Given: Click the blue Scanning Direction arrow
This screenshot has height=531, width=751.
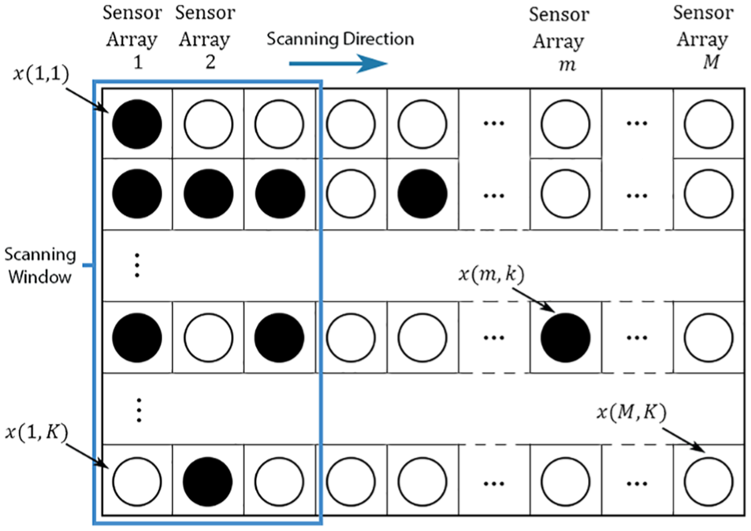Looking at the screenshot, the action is point(338,64).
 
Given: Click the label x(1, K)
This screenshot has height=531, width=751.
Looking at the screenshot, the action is point(37,433).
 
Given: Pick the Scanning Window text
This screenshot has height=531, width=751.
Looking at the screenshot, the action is point(40,265).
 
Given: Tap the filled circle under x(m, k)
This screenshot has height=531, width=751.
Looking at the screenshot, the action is point(565,337).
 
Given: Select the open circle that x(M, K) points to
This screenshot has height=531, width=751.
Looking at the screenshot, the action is point(708,481).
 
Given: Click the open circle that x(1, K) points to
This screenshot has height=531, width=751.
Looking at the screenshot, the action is point(136,481).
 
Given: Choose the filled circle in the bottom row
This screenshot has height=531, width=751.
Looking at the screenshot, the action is point(208,481).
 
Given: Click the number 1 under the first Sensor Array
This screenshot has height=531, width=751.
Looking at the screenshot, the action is point(138,61).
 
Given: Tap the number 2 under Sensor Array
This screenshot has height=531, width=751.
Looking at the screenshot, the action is point(210,61).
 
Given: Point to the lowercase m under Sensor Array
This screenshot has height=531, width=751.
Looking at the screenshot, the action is point(567,65).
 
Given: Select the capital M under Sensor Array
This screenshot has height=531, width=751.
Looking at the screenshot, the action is point(712,62).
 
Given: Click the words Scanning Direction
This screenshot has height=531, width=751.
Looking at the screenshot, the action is point(340,39).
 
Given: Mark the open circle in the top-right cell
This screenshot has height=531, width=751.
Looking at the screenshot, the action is point(708,124).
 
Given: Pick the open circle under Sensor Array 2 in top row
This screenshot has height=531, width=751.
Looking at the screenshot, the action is point(208,124).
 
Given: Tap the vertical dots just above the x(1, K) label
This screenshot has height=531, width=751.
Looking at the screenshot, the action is point(139,410).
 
